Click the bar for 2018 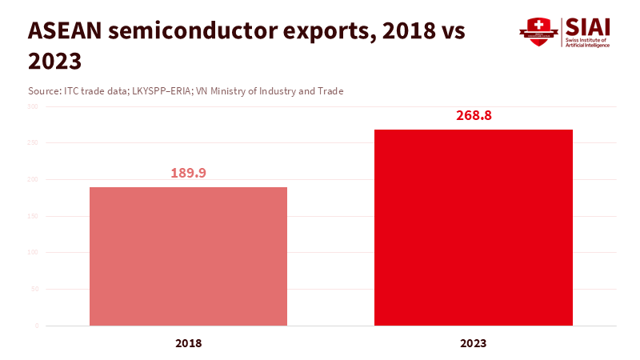188,256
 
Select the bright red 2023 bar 474,227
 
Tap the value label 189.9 188,173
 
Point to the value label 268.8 474,115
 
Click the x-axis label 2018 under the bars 188,343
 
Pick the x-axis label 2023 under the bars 474,343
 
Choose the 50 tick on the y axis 34,289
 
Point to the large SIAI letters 588,26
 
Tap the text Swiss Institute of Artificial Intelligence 588,42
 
